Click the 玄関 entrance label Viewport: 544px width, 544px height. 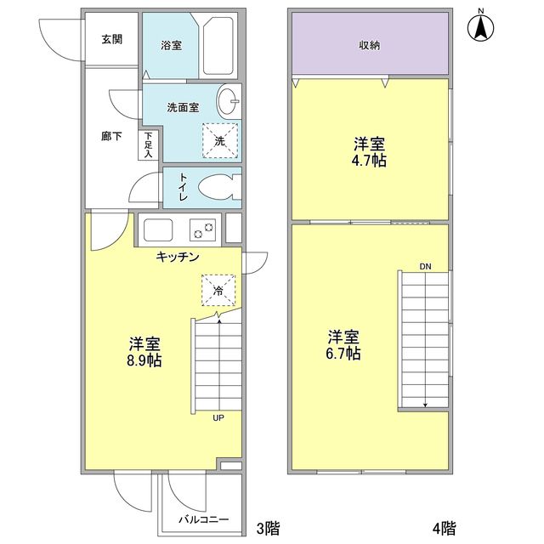pos(110,39)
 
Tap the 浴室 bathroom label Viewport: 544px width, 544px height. pos(171,45)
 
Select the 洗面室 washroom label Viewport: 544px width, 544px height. pos(182,107)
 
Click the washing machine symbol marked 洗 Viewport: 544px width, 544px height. pos(218,140)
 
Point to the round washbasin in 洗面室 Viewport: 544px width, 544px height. pos(229,102)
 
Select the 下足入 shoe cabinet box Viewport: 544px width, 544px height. pos(148,145)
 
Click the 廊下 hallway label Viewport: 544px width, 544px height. pos(111,136)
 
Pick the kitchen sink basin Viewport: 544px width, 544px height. pos(159,229)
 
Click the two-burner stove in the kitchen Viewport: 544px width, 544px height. pos(203,229)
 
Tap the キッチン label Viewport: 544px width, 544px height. pos(177,256)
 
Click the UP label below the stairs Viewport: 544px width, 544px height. pos(218,417)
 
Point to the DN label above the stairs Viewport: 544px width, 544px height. pos(425,267)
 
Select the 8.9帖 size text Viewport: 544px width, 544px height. pos(145,360)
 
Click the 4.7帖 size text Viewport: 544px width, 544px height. pos(370,160)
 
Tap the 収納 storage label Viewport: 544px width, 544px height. pos(369,45)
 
